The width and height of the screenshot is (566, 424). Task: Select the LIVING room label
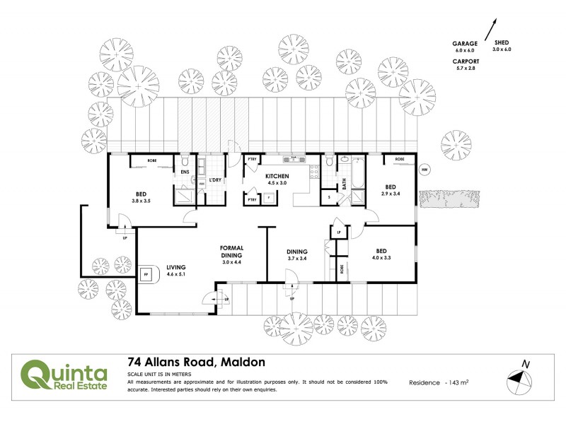point(176,267)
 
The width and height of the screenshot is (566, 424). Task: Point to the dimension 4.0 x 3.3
point(381,258)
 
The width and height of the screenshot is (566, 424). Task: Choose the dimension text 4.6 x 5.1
point(176,275)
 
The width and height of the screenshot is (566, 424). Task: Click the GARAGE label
point(465,43)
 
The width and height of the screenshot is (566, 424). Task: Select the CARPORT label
point(466,61)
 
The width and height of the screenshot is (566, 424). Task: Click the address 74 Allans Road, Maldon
point(196,362)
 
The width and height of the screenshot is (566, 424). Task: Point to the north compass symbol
point(522,377)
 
